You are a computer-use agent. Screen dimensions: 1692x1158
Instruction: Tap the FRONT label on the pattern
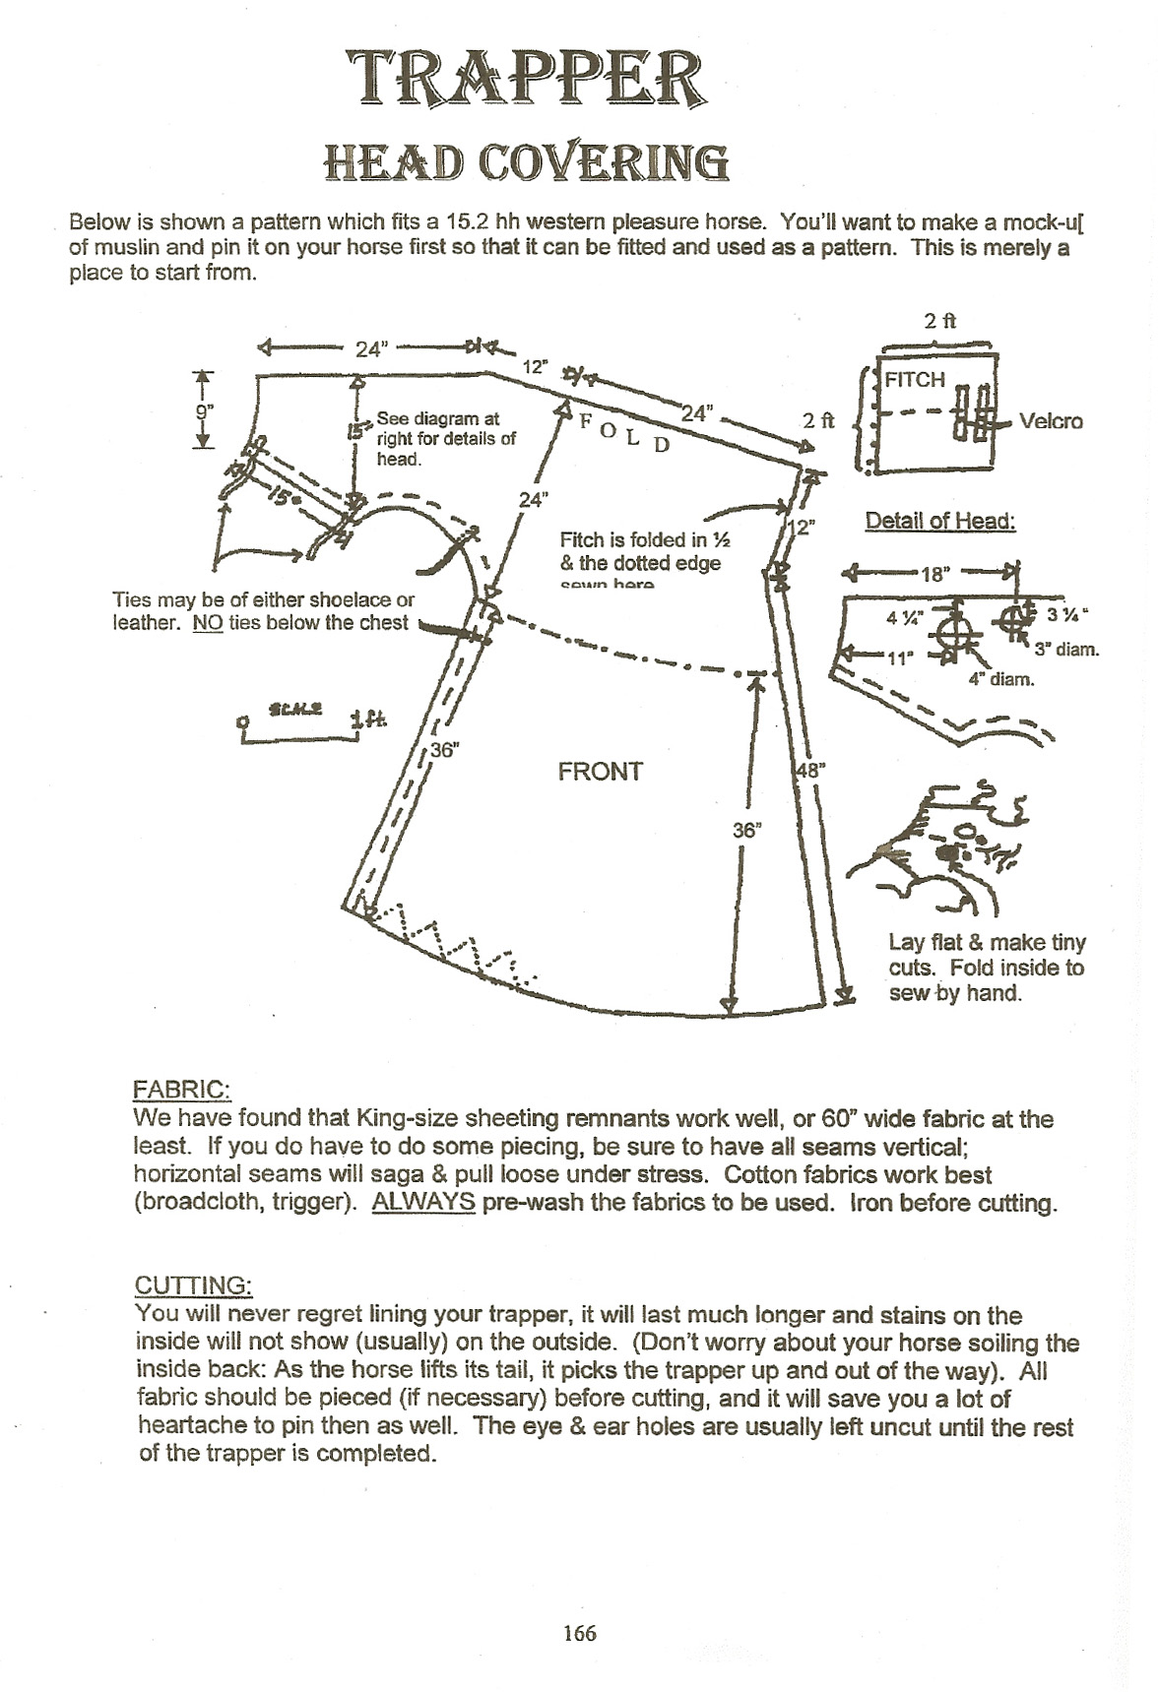pos(600,772)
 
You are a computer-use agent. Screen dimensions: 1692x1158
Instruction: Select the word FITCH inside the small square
pos(915,380)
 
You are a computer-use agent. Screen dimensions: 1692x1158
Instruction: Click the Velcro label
pos(1051,421)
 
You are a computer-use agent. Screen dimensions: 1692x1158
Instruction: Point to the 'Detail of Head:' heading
pos(939,522)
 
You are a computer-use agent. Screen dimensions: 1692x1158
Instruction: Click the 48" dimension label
pos(808,771)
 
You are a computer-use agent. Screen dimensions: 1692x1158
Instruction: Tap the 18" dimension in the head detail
pos(932,574)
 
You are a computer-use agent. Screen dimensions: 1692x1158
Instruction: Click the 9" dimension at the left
pos(204,411)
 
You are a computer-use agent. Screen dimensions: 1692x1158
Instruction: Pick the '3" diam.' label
pos(1066,650)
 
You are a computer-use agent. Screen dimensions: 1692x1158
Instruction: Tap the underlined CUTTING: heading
pos(193,1286)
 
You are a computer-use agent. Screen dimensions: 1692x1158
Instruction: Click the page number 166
pos(579,1633)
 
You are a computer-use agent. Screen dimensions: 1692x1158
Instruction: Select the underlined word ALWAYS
pos(423,1203)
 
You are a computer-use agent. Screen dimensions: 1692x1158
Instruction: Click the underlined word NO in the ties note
pos(208,622)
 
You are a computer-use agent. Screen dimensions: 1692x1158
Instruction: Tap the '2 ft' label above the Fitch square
pos(939,321)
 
